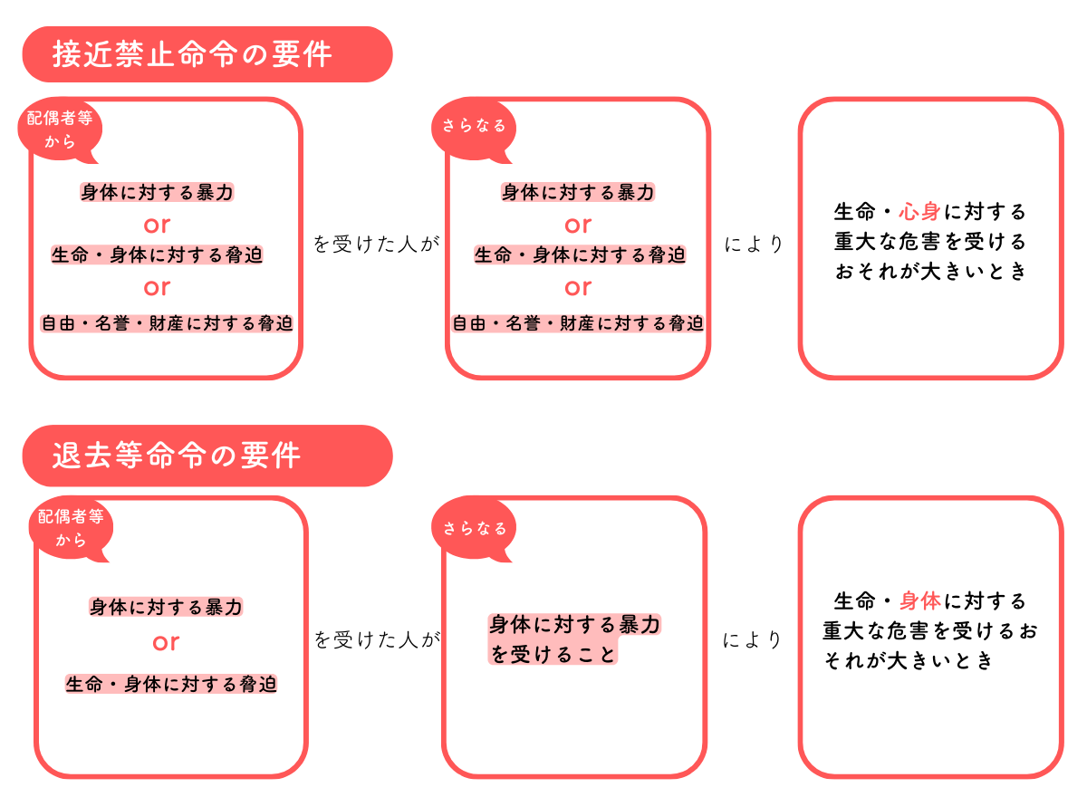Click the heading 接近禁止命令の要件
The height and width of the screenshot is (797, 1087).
click(x=192, y=53)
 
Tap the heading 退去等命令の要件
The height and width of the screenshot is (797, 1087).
click(x=177, y=456)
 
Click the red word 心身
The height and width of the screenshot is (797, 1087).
click(x=919, y=212)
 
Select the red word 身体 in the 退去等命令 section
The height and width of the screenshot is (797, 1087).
click(x=920, y=601)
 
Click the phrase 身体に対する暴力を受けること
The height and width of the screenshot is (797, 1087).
click(x=574, y=639)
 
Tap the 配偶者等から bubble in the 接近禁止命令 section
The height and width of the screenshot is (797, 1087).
click(x=60, y=130)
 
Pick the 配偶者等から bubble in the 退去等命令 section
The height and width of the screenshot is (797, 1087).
click(x=71, y=528)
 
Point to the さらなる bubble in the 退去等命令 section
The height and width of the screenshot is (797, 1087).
click(x=474, y=528)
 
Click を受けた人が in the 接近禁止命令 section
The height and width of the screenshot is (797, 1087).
click(x=376, y=244)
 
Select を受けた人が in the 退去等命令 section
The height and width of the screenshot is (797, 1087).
click(x=377, y=639)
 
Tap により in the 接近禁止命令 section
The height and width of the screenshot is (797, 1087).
click(x=753, y=244)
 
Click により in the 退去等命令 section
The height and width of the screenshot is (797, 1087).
click(x=752, y=639)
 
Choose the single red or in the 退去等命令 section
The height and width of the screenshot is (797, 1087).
click(x=166, y=643)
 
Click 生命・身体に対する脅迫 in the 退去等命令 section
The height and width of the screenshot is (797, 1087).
click(x=171, y=684)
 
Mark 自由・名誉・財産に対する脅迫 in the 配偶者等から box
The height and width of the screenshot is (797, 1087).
click(x=167, y=323)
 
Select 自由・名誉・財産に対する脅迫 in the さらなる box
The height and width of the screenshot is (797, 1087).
click(x=578, y=323)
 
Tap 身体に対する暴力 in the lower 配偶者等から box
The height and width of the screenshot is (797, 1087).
click(x=166, y=607)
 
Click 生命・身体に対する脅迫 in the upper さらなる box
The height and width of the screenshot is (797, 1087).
click(x=580, y=254)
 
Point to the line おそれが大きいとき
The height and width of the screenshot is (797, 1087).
click(x=930, y=271)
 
